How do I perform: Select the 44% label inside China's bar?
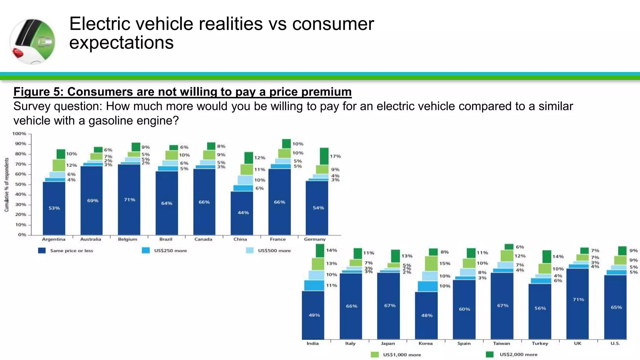click(243, 212)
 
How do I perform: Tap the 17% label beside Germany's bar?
click(335, 156)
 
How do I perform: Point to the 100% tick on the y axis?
click(19, 134)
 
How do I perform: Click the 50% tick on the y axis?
click(21, 184)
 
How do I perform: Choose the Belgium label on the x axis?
click(127, 239)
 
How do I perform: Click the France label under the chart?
click(278, 239)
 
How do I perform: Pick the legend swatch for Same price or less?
click(42, 251)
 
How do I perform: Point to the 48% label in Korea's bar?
click(427, 315)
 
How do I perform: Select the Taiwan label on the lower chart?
click(502, 343)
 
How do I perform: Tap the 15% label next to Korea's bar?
click(445, 263)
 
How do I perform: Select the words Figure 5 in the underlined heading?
click(38, 92)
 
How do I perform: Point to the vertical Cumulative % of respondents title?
click(7, 184)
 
